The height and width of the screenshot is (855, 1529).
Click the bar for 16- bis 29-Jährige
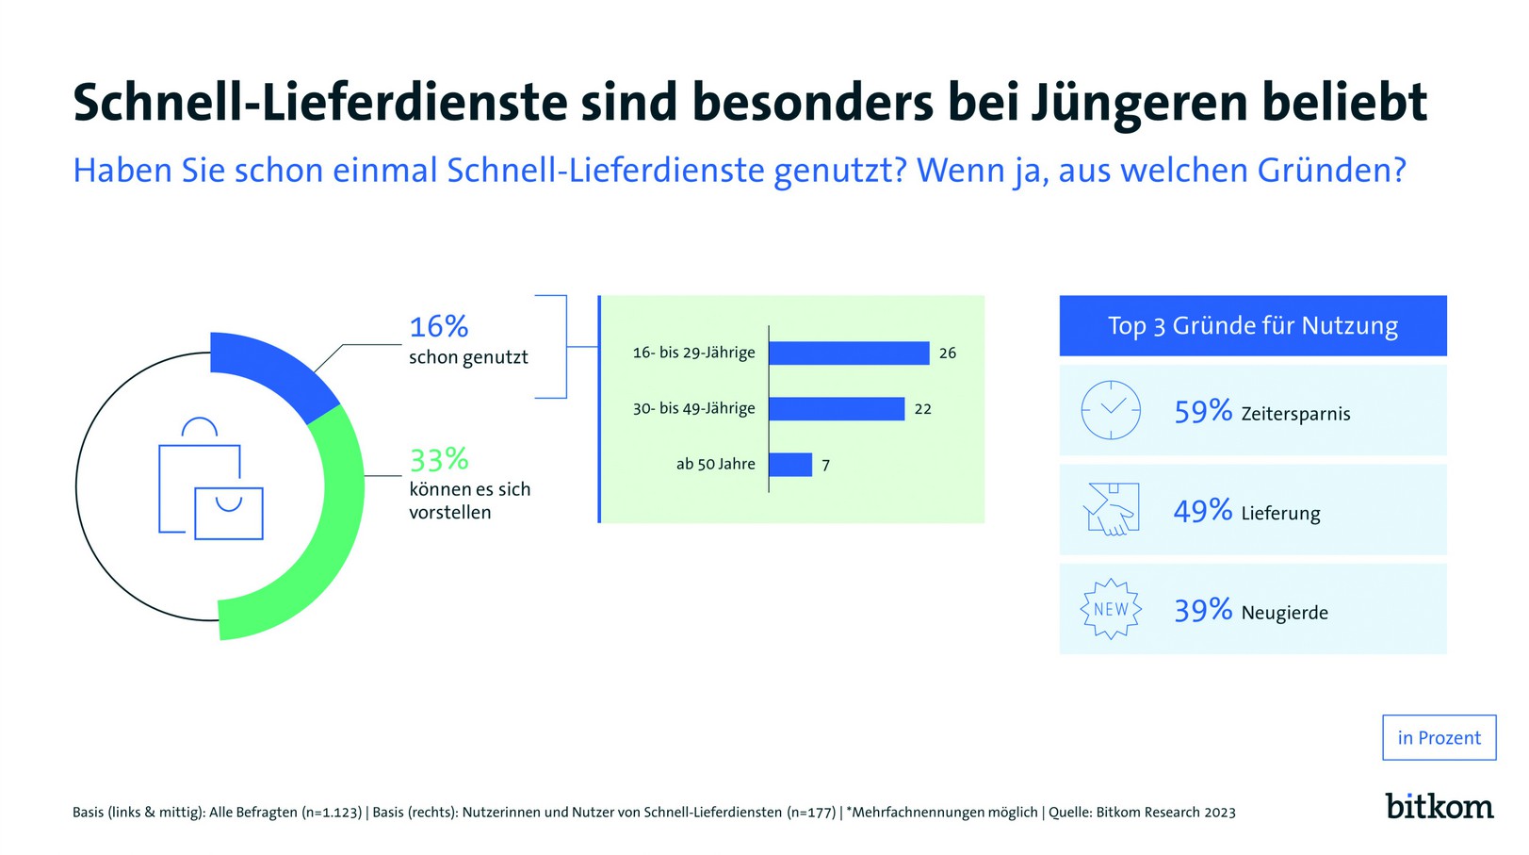pyautogui.click(x=848, y=353)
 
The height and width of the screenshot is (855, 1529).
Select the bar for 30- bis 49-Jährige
pyautogui.click(x=836, y=408)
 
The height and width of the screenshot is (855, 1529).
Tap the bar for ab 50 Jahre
pyautogui.click(x=789, y=464)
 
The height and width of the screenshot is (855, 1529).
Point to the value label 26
pyautogui.click(x=947, y=353)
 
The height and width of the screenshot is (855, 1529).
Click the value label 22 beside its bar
pyautogui.click(x=922, y=409)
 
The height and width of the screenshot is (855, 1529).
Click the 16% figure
pyautogui.click(x=438, y=326)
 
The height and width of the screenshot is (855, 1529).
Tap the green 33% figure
pyautogui.click(x=438, y=459)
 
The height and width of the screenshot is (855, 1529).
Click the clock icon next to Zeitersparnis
pyautogui.click(x=1111, y=410)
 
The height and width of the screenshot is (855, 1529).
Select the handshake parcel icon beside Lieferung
pyautogui.click(x=1111, y=509)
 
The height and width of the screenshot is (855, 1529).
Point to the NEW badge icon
pyautogui.click(x=1111, y=609)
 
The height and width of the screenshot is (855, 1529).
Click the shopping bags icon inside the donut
pyautogui.click(x=210, y=480)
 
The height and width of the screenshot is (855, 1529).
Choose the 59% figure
pyautogui.click(x=1202, y=411)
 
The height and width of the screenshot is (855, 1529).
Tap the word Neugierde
pyautogui.click(x=1284, y=613)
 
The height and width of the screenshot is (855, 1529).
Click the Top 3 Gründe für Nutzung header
pyautogui.click(x=1252, y=325)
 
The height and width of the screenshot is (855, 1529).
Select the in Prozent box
pyautogui.click(x=1439, y=737)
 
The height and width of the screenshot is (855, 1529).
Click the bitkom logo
pyautogui.click(x=1439, y=806)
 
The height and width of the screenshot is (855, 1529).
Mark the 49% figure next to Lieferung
pyautogui.click(x=1202, y=511)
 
